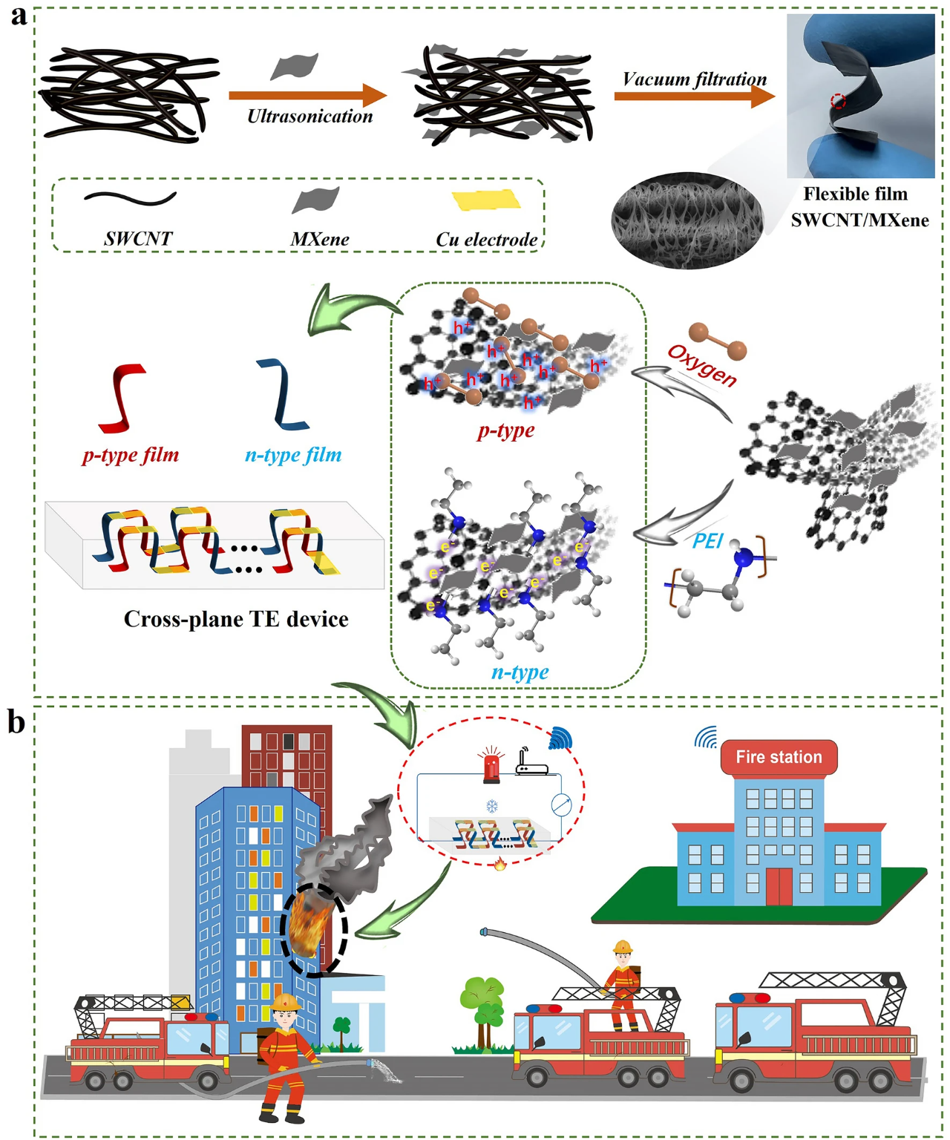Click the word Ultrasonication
(x=309, y=117)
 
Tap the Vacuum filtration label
(x=694, y=79)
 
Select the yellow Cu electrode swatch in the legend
(x=486, y=200)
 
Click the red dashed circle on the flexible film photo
(x=838, y=100)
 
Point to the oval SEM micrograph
(x=677, y=220)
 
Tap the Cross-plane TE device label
(x=236, y=619)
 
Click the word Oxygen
(x=702, y=365)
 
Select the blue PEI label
(x=707, y=541)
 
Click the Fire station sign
(x=779, y=757)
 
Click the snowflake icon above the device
(x=491, y=806)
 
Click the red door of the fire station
(x=779, y=886)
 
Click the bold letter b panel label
(x=16, y=721)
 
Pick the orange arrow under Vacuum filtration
(x=694, y=96)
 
